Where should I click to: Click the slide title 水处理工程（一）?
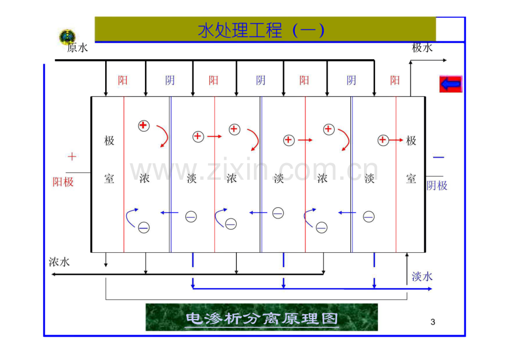click(261, 30)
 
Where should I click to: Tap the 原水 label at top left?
click(77, 48)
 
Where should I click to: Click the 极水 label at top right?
click(422, 48)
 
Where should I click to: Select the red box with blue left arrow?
click(450, 84)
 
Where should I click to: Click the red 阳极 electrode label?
click(63, 182)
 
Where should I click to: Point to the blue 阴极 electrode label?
click(437, 185)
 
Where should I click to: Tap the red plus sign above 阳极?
click(72, 156)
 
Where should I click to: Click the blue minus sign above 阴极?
click(438, 158)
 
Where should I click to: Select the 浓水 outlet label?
click(59, 262)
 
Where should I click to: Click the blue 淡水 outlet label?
click(422, 276)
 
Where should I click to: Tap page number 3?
click(433, 322)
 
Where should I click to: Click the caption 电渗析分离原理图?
click(262, 319)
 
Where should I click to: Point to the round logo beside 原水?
click(67, 36)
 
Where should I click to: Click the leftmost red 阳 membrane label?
click(122, 80)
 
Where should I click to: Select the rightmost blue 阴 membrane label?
click(351, 80)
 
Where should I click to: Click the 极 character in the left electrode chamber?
click(109, 141)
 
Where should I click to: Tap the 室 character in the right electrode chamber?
click(411, 179)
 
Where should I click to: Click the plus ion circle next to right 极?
click(383, 140)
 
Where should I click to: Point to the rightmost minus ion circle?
click(369, 216)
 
